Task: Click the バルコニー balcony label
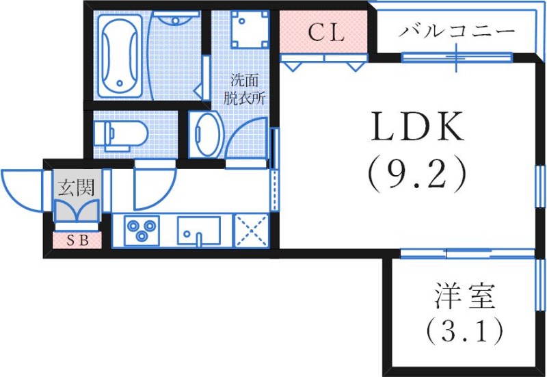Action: (457, 30)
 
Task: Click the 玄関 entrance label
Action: (75, 185)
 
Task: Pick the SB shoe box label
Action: (77, 240)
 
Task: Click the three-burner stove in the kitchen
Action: (142, 229)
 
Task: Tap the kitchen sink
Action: (200, 230)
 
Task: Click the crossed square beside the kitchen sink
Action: (252, 231)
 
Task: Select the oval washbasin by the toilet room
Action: (204, 133)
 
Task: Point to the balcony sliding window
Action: (457, 57)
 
